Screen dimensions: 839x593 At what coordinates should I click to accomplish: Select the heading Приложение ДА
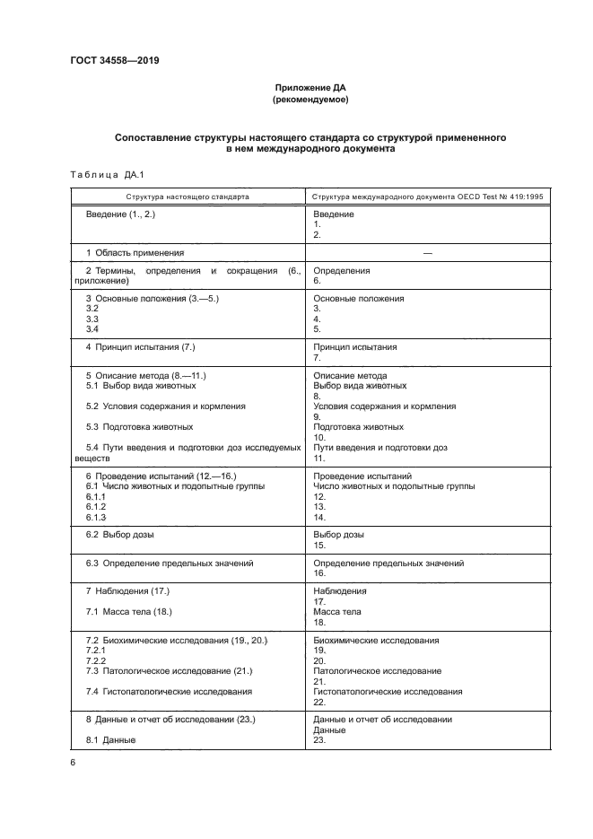(x=310, y=88)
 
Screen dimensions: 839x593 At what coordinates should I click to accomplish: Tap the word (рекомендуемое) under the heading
(x=310, y=101)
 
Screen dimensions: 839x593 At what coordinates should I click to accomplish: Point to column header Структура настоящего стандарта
(x=187, y=196)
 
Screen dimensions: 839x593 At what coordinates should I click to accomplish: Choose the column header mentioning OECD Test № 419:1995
(x=427, y=196)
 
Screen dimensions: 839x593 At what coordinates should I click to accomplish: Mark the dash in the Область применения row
(x=427, y=254)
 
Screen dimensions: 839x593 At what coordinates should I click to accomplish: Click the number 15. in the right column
(x=319, y=545)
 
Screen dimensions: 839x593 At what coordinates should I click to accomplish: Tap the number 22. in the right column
(x=319, y=702)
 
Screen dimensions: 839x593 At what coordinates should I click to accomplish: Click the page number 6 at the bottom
(x=73, y=762)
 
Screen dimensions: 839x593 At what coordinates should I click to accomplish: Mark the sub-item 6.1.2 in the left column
(x=96, y=507)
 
